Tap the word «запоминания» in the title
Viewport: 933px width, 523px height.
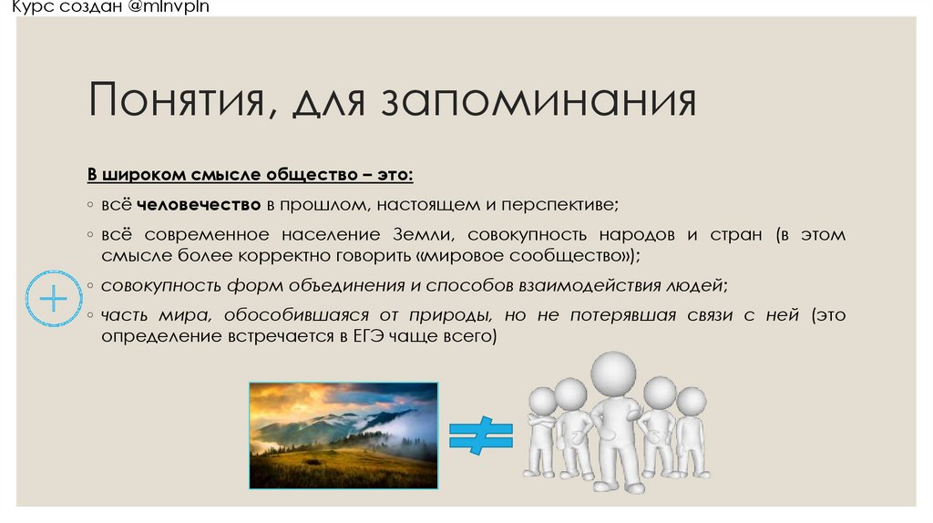[x=538, y=101]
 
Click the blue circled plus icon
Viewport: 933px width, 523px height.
[x=54, y=298]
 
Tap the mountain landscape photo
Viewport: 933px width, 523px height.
[x=343, y=435]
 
